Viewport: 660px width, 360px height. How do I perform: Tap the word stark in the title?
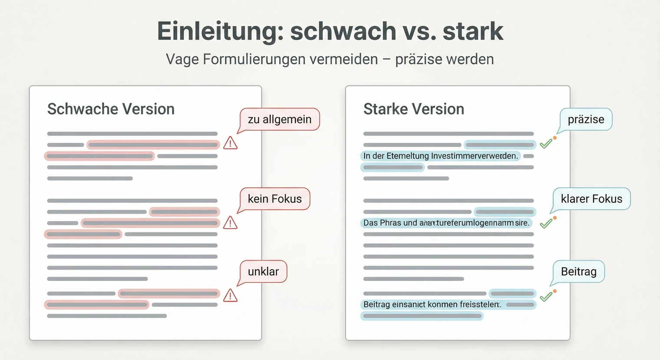pyautogui.click(x=473, y=31)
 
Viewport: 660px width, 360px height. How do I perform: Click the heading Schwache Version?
pyautogui.click(x=111, y=109)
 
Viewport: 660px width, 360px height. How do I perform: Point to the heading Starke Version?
pyautogui.click(x=413, y=109)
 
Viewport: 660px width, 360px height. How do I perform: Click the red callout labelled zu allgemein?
pyautogui.click(x=279, y=119)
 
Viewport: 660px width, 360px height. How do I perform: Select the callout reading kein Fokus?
pyautogui.click(x=274, y=199)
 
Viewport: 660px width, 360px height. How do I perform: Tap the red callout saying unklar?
pyautogui.click(x=263, y=271)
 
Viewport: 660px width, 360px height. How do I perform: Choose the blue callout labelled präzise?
pyautogui.click(x=586, y=119)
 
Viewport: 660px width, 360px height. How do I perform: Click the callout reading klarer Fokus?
pyautogui.click(x=591, y=199)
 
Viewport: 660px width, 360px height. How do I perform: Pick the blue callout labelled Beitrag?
pyautogui.click(x=578, y=271)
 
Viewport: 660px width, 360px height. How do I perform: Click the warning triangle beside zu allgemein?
pyautogui.click(x=230, y=143)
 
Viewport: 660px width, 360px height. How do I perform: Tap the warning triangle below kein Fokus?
pyautogui.click(x=230, y=223)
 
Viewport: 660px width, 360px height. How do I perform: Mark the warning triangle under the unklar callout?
pyautogui.click(x=230, y=296)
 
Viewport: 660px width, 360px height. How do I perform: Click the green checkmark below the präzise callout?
pyautogui.click(x=546, y=143)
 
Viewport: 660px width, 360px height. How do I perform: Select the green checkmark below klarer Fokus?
pyautogui.click(x=546, y=223)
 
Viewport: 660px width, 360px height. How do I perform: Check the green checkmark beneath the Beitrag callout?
pyautogui.click(x=546, y=297)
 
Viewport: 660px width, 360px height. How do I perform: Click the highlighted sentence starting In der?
pyautogui.click(x=440, y=156)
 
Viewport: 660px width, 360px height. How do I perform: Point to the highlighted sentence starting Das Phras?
pyautogui.click(x=446, y=223)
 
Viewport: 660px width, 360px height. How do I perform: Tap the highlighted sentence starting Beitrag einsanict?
pyautogui.click(x=432, y=304)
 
